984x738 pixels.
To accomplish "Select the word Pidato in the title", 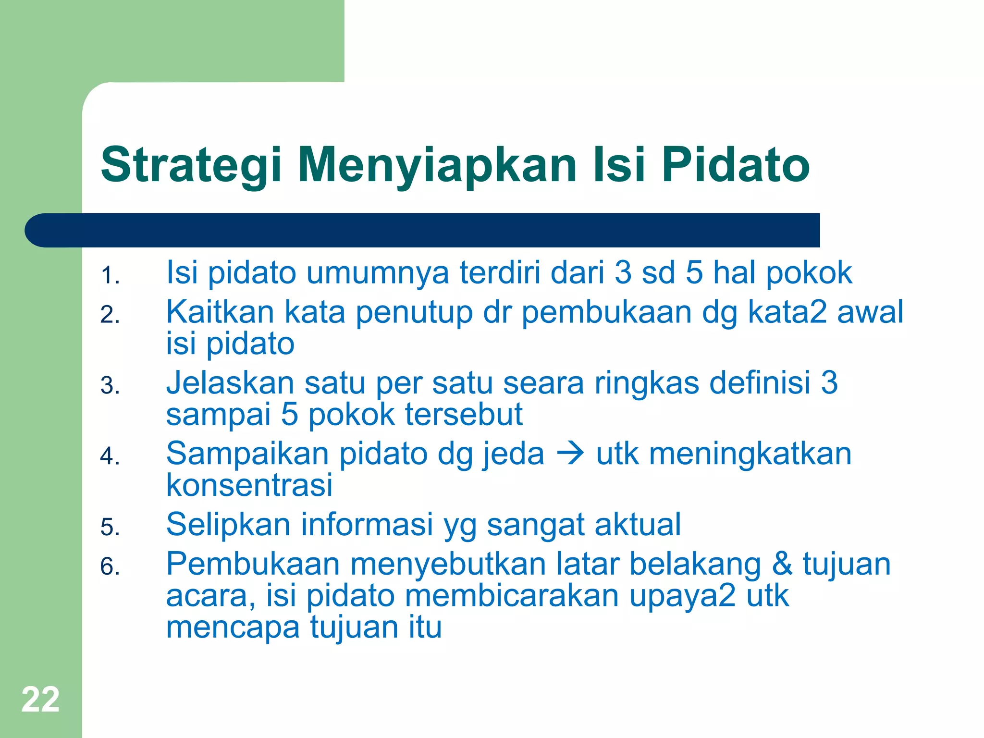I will [736, 165].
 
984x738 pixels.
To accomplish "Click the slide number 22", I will [40, 700].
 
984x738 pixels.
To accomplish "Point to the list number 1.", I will [110, 276].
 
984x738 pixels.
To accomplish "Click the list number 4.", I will [110, 456].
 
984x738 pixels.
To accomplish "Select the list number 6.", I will [110, 566].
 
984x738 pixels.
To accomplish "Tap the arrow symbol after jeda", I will [570, 454].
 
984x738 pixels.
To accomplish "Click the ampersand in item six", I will [782, 564].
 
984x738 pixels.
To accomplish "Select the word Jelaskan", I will [230, 383].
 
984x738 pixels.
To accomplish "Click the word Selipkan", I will [228, 525].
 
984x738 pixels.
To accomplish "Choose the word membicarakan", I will [512, 596].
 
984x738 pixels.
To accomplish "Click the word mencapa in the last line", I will [233, 627].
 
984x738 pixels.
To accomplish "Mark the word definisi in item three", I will [760, 383].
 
